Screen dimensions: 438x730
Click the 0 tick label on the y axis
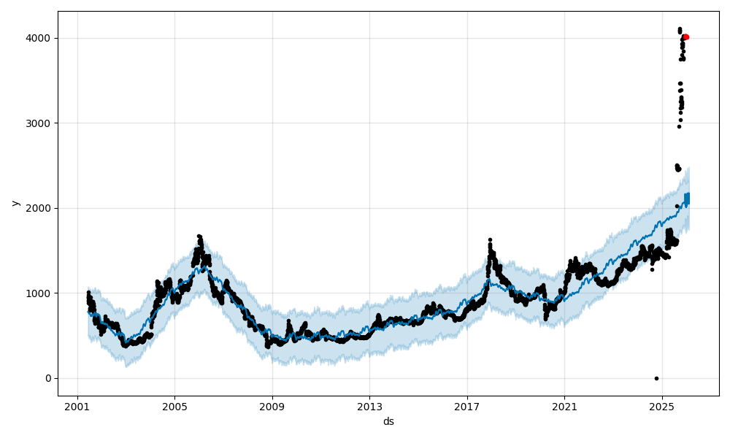click(48, 378)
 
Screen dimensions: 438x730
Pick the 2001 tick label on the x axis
click(77, 407)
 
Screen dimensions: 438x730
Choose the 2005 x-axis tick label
click(174, 407)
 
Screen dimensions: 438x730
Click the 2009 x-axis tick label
click(272, 407)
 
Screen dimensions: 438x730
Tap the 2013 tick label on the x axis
click(369, 407)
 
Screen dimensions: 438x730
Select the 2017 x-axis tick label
click(467, 407)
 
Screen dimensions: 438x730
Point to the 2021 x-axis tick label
click(564, 407)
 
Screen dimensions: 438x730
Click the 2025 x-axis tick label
click(661, 407)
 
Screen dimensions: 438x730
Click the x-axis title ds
click(388, 421)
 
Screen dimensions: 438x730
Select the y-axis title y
click(15, 203)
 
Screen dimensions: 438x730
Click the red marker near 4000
click(685, 36)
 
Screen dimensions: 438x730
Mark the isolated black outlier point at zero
click(656, 378)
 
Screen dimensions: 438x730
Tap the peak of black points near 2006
click(199, 237)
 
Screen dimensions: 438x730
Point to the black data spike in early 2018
click(490, 240)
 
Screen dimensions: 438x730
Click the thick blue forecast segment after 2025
click(686, 199)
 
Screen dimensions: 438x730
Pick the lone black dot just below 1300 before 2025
click(652, 269)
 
